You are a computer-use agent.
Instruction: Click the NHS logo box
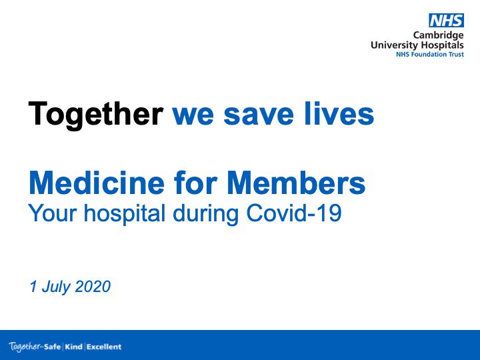[x=445, y=21]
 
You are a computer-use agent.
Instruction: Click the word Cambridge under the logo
[x=438, y=35]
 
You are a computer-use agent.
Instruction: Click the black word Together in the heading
[x=95, y=114]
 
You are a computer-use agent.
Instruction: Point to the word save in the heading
[x=256, y=114]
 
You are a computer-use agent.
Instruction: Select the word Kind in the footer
[x=73, y=347]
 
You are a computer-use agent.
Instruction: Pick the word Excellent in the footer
[x=104, y=347]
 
